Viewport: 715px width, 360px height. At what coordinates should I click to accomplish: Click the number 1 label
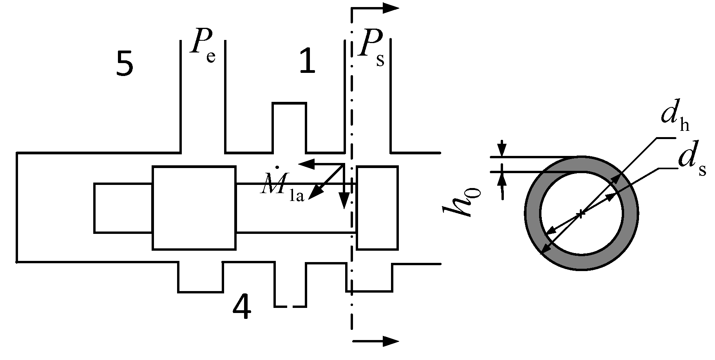pyautogui.click(x=307, y=62)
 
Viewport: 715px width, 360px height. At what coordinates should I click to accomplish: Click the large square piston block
pyautogui.click(x=194, y=208)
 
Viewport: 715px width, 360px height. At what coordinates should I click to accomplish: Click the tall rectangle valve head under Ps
pyautogui.click(x=377, y=208)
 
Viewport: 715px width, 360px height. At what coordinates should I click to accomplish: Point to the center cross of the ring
pyautogui.click(x=581, y=213)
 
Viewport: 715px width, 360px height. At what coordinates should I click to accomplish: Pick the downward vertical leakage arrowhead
pyautogui.click(x=344, y=202)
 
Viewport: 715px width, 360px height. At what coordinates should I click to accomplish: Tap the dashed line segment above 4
pyautogui.click(x=290, y=306)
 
